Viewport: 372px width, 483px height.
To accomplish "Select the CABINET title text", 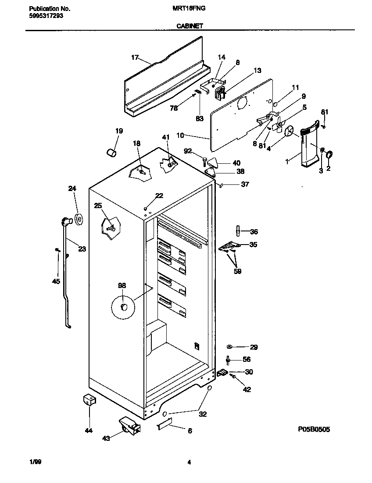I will (x=190, y=26).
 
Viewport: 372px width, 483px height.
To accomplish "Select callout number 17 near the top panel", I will (x=135, y=58).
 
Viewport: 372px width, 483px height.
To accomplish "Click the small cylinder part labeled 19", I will (x=112, y=152).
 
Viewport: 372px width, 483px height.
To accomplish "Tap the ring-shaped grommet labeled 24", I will (x=79, y=219).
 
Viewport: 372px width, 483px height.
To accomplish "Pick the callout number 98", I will (x=122, y=286).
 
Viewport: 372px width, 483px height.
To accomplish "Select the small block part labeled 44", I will (x=89, y=400).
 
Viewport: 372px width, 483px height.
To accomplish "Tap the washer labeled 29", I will (x=230, y=347).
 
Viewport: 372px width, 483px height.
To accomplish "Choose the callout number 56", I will (x=247, y=359).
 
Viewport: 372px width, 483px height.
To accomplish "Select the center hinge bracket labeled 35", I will (x=229, y=247).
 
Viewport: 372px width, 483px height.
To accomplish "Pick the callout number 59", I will (x=237, y=271).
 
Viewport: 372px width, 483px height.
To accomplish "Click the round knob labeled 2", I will (x=330, y=154).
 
